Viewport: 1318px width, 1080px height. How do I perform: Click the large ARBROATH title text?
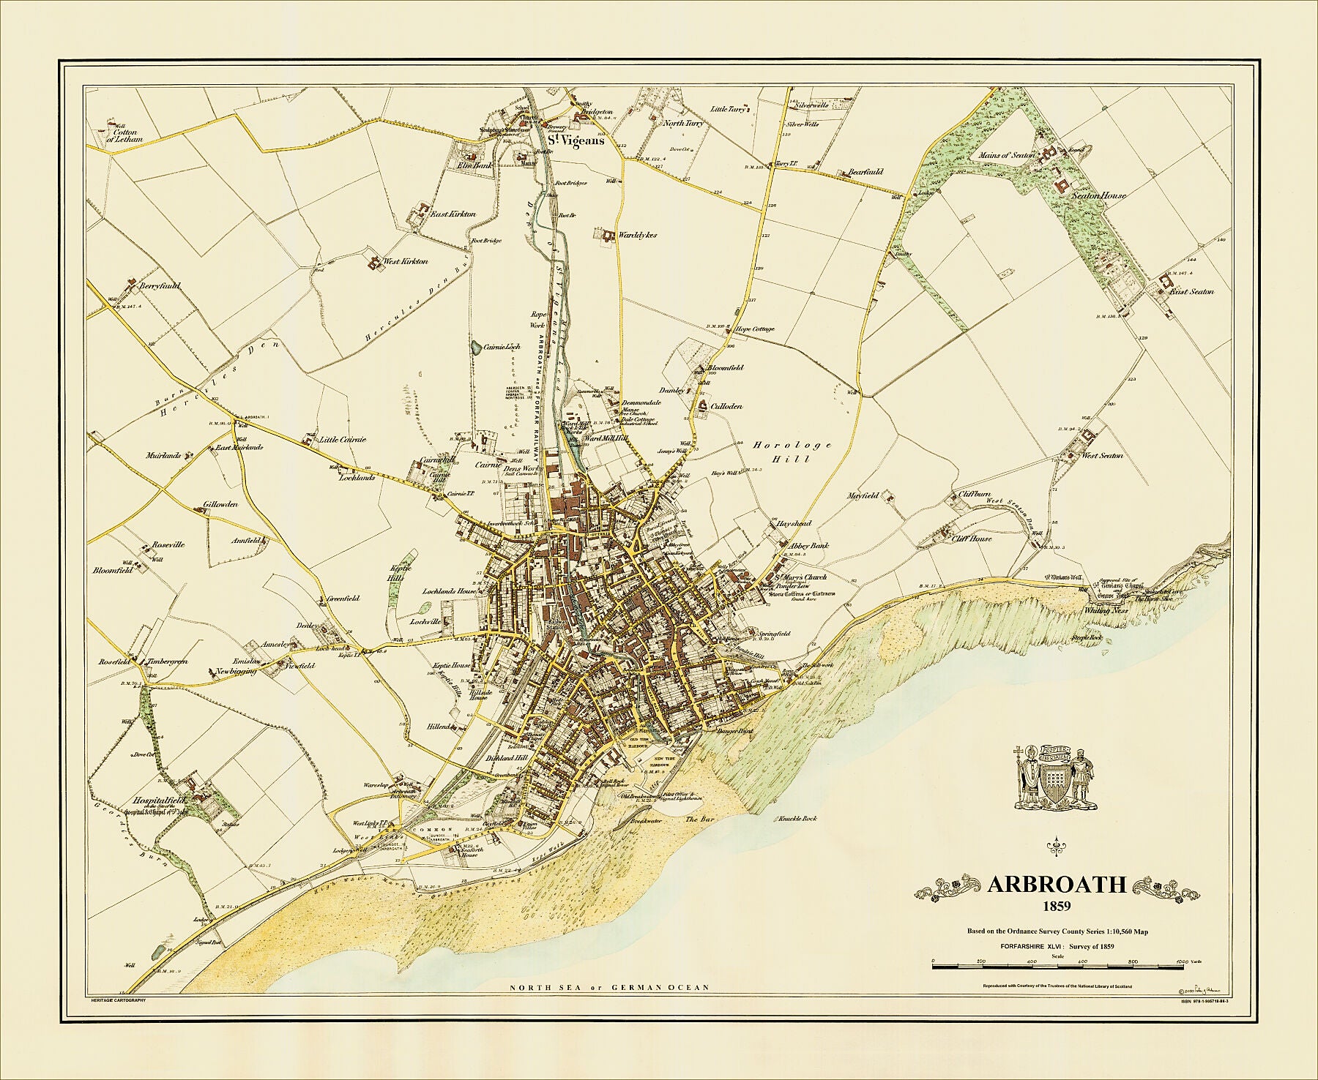1057,884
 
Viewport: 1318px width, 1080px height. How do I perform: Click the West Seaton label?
1102,455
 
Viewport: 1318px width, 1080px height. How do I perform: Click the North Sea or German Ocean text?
611,987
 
